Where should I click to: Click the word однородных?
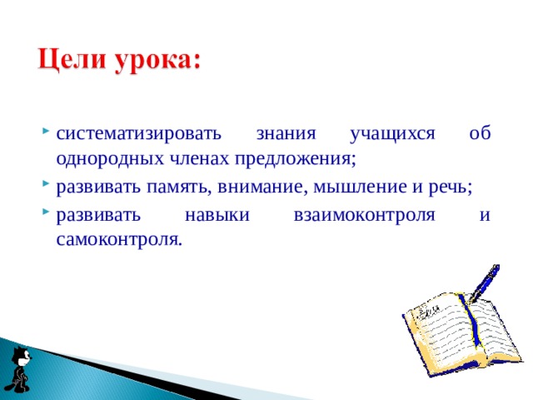[x=101, y=158]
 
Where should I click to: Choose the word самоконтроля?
[x=117, y=240]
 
